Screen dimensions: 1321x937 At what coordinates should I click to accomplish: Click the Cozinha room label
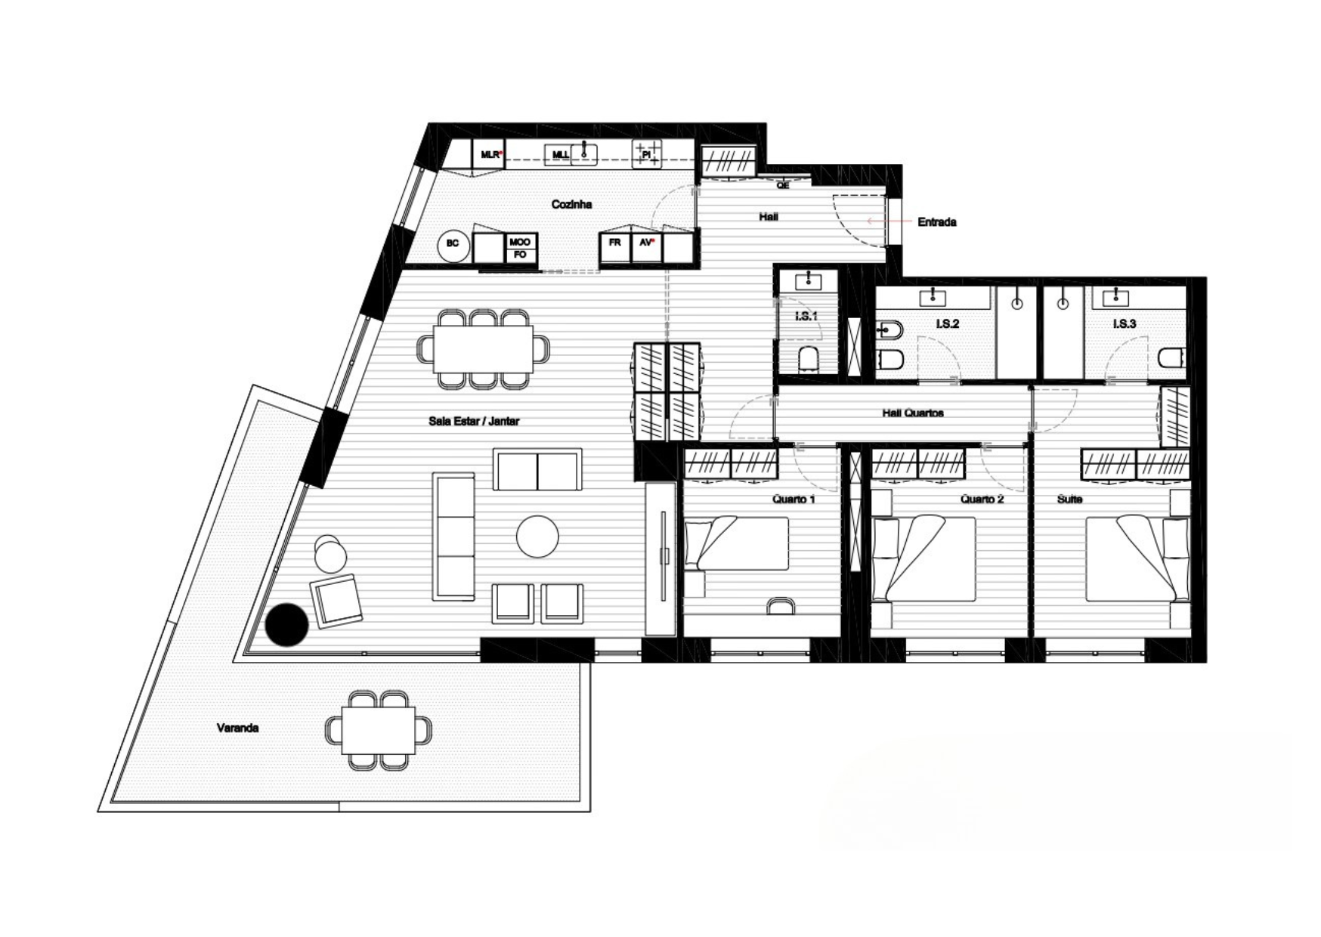(x=571, y=204)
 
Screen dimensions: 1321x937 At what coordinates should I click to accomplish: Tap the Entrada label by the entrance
(x=936, y=222)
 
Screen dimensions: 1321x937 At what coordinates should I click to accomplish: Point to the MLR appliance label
(x=490, y=154)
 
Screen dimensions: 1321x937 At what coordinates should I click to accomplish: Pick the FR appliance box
(x=615, y=247)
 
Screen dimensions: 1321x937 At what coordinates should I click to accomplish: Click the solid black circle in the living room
(x=287, y=625)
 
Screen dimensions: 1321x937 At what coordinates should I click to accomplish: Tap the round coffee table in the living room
(x=537, y=537)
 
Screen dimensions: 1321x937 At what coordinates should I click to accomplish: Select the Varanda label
(x=238, y=728)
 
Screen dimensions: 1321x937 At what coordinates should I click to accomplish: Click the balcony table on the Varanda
(x=378, y=729)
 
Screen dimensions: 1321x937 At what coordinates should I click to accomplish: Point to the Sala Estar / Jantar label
(x=474, y=421)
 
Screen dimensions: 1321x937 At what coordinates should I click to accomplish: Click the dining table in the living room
(x=483, y=348)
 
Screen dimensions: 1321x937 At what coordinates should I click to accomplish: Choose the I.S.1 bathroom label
(x=806, y=316)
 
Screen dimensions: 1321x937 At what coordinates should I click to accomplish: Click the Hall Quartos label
(x=912, y=413)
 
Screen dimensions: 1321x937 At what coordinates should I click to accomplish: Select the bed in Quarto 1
(x=737, y=543)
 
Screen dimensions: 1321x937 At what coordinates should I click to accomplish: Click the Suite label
(x=1069, y=499)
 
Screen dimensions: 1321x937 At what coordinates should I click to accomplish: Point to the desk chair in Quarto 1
(x=781, y=605)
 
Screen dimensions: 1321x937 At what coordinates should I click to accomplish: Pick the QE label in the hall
(x=783, y=185)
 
